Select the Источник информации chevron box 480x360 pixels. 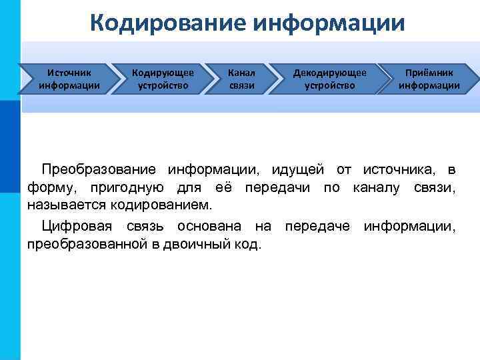69,78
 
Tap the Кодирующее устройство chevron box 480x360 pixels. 163,78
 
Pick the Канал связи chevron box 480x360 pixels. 241,78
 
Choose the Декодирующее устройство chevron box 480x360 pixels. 329,78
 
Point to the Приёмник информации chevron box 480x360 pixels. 429,78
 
